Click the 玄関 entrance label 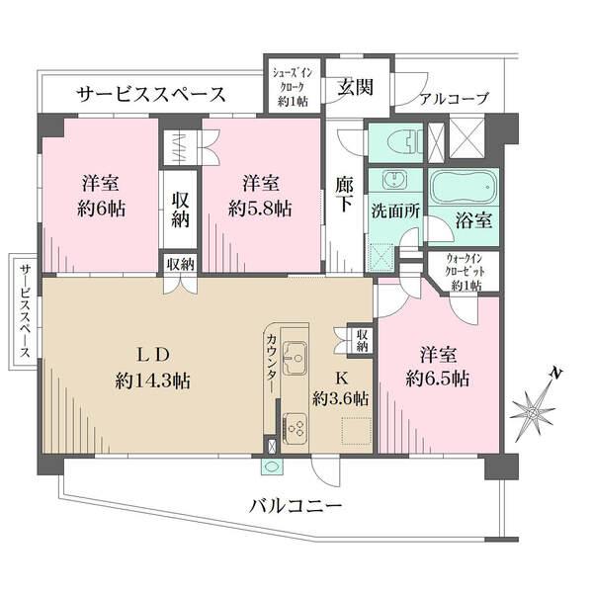click(x=356, y=87)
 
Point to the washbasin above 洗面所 click(x=395, y=180)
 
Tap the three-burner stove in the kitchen click(x=296, y=427)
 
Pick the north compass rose click(x=534, y=405)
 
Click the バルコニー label click(x=296, y=505)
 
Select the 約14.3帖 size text click(x=152, y=381)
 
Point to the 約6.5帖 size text click(x=438, y=379)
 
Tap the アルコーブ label click(x=455, y=99)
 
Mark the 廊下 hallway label click(x=345, y=195)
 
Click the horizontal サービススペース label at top click(x=151, y=94)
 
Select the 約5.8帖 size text click(x=260, y=208)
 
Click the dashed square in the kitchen click(x=356, y=430)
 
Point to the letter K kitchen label click(x=340, y=378)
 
